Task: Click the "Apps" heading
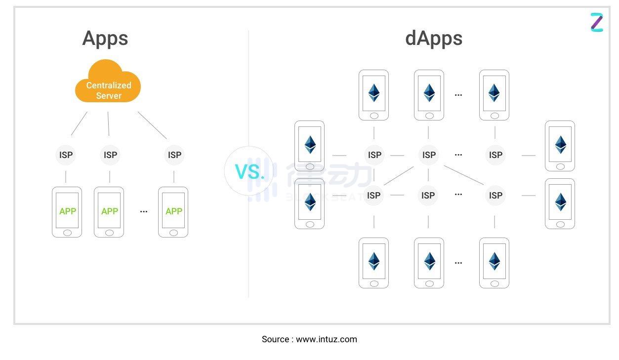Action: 105,39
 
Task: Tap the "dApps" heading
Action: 433,39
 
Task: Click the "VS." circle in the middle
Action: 249,171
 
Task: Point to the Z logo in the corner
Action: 597,23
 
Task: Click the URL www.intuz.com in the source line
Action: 326,339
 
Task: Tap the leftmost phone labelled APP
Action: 67,212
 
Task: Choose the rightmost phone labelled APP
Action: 173,212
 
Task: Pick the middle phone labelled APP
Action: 109,212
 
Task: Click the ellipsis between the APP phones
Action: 144,211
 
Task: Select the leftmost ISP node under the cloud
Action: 66,155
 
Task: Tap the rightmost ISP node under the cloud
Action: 174,155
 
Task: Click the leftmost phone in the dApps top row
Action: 373,95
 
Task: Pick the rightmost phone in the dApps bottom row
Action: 494,263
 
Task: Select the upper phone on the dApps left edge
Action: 310,146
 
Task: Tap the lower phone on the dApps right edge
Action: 560,203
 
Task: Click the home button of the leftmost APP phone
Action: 67,233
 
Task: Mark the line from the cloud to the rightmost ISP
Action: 152,125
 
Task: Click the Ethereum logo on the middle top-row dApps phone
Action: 429,93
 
